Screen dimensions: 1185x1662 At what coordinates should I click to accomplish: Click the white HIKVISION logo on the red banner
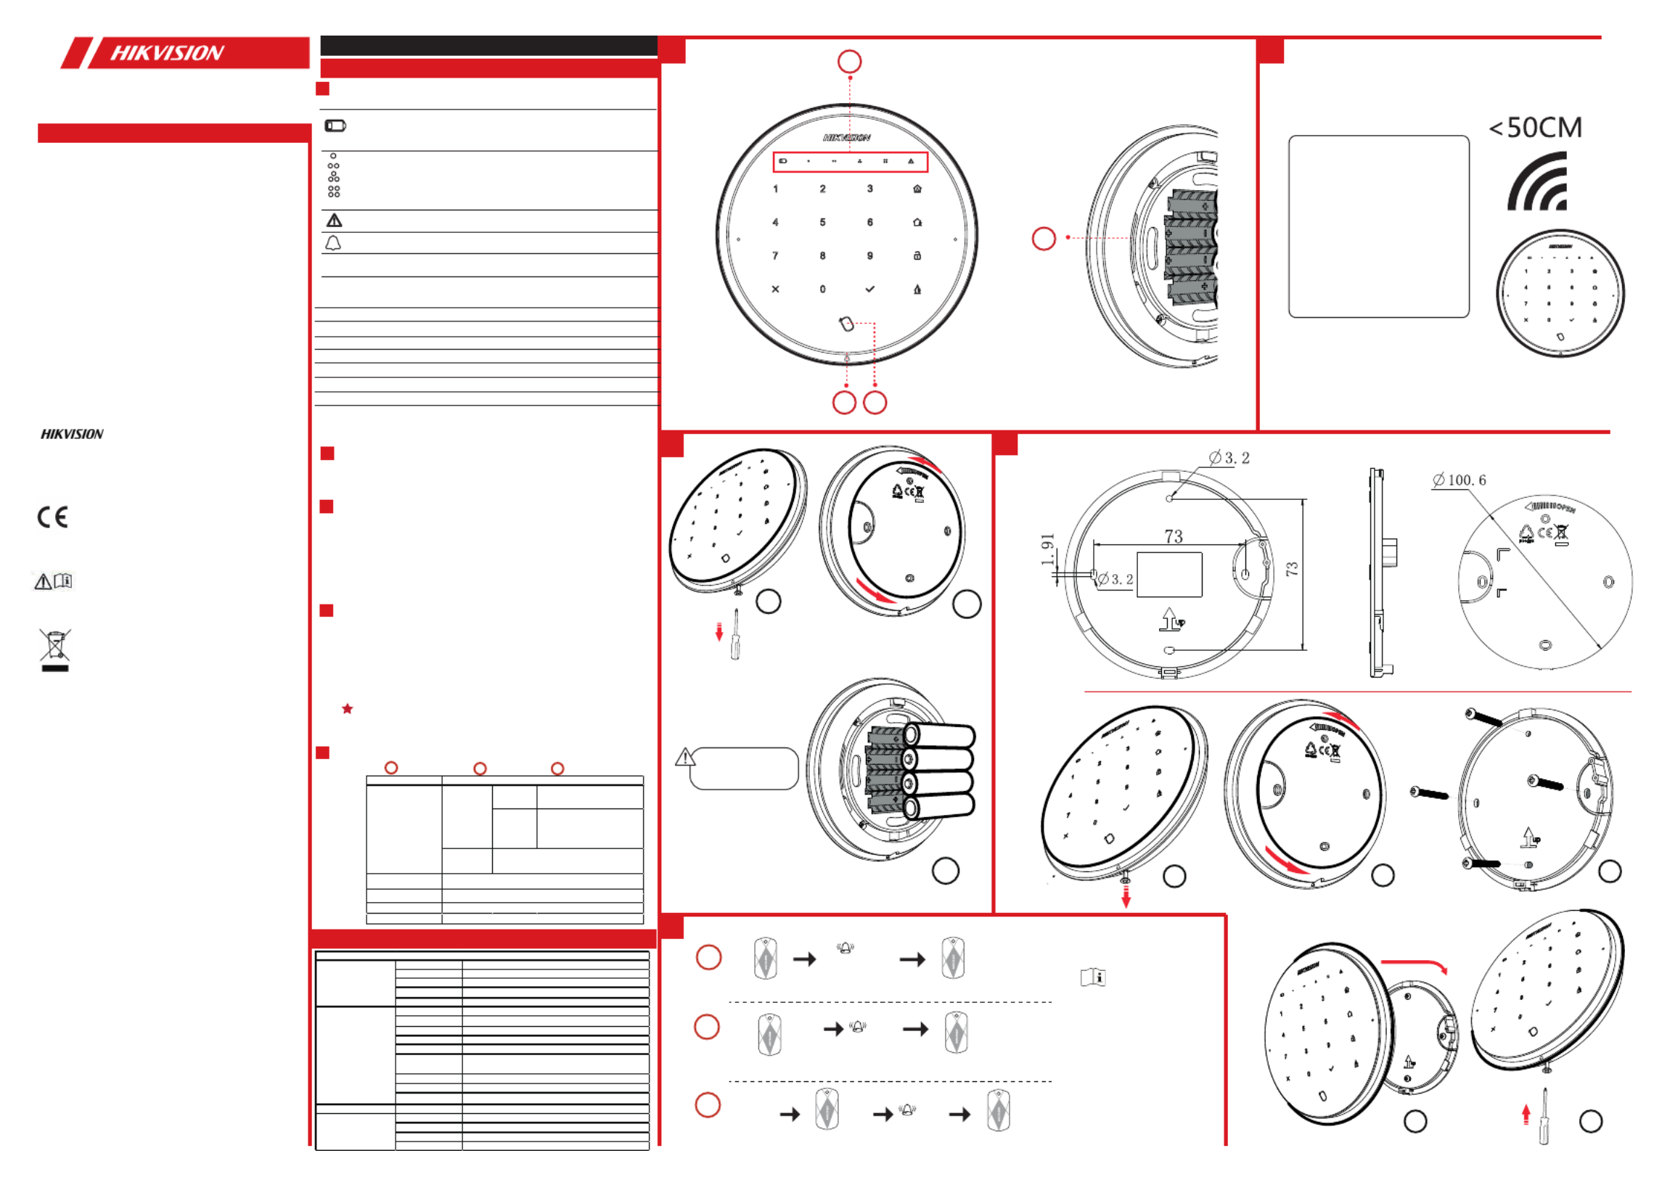166,52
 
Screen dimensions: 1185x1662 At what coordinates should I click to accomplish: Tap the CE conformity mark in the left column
52,517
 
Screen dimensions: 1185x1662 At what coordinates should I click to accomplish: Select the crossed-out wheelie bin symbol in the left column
54,649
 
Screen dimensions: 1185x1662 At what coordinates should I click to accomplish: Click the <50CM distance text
1536,128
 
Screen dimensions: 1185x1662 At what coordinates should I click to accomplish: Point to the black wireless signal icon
1538,182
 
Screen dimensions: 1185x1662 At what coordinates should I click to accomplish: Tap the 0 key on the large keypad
822,290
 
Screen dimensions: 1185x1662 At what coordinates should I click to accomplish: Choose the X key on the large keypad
775,290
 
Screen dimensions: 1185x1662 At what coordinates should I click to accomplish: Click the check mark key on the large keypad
869,290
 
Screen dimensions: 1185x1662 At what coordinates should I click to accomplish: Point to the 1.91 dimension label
1048,549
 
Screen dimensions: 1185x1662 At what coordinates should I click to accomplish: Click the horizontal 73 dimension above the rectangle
1173,536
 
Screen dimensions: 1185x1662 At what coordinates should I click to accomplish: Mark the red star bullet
348,708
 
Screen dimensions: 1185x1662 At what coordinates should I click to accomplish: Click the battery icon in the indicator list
335,126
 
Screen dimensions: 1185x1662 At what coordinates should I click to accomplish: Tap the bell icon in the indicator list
332,243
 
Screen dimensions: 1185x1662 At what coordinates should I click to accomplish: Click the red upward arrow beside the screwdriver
1526,1113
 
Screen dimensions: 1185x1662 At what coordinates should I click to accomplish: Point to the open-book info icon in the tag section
1093,977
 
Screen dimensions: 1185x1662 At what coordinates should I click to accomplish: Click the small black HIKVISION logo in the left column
72,435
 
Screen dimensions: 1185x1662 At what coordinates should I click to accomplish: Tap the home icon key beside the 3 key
917,189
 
